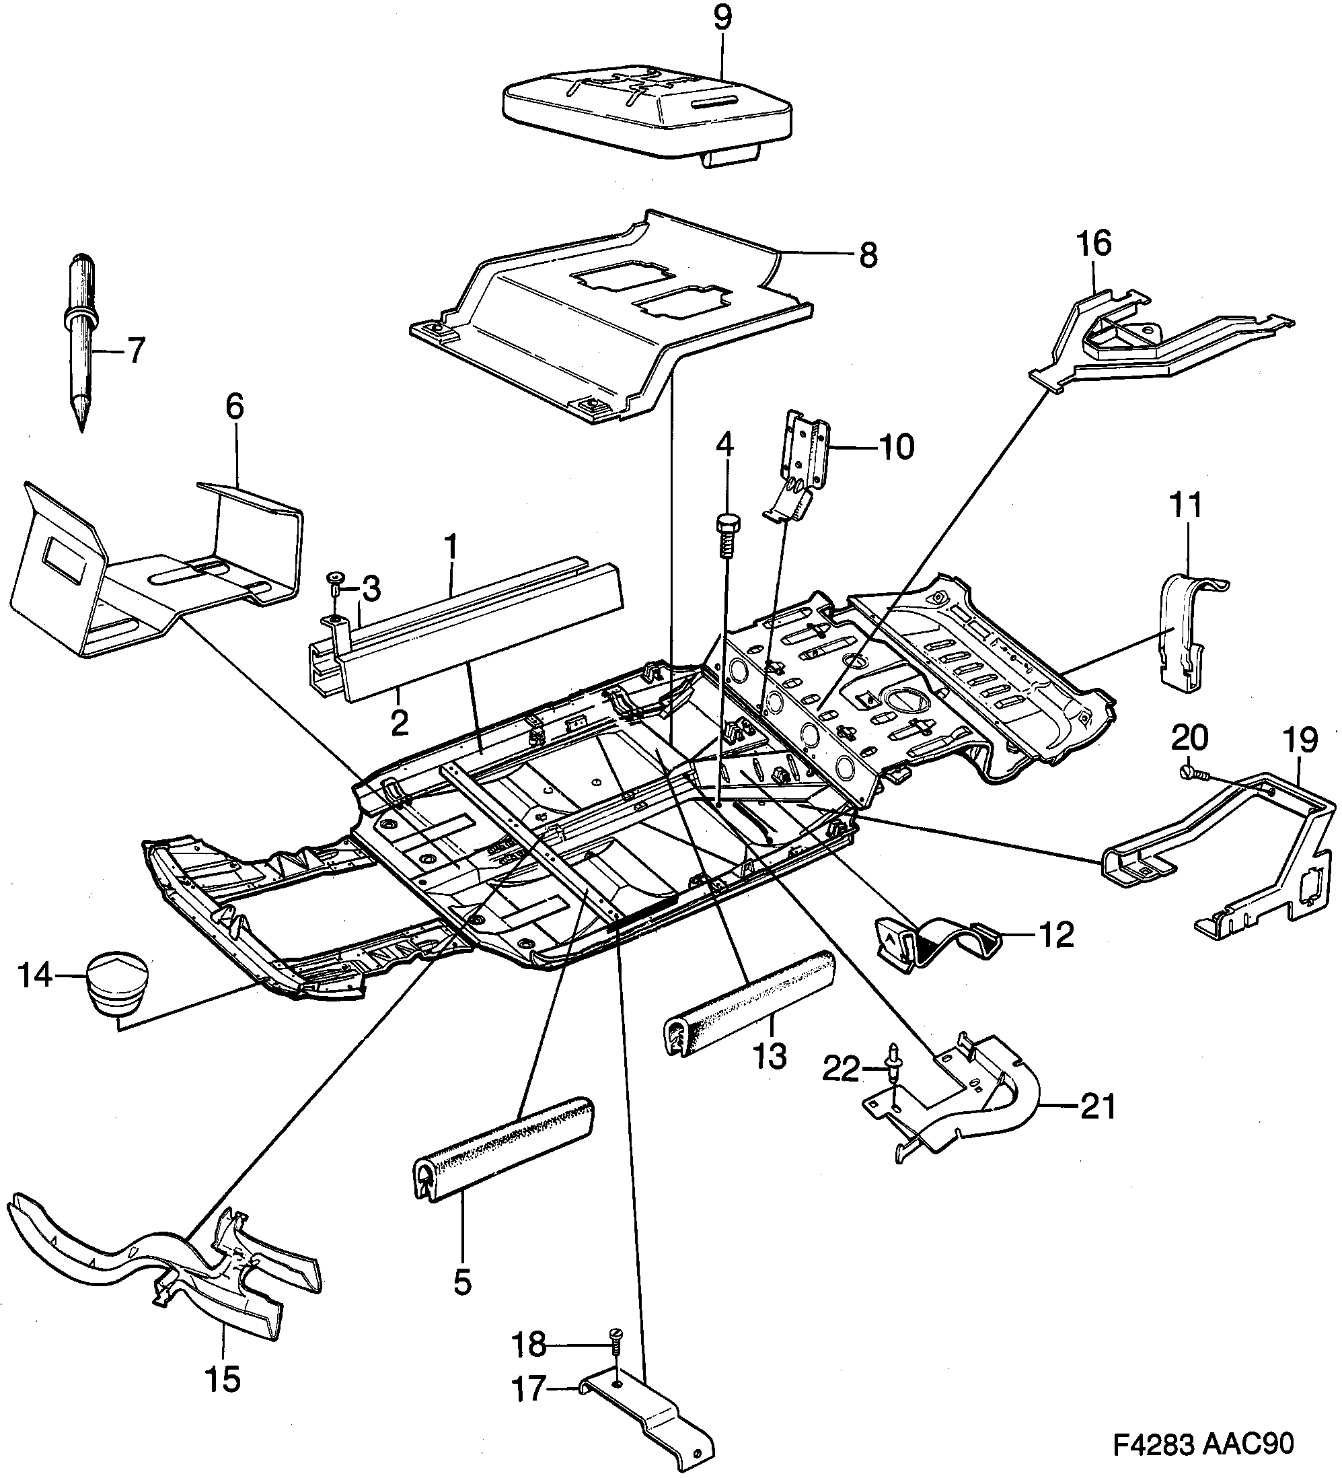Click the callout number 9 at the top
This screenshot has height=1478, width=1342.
[722, 17]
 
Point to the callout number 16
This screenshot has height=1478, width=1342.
[1094, 244]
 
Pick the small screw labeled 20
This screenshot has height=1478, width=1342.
[1189, 772]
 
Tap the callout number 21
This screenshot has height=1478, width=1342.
[1097, 1107]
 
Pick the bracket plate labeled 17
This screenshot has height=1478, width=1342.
[645, 1411]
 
